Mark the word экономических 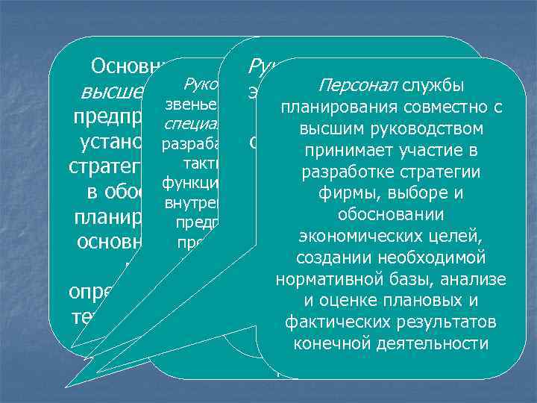click(351, 237)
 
